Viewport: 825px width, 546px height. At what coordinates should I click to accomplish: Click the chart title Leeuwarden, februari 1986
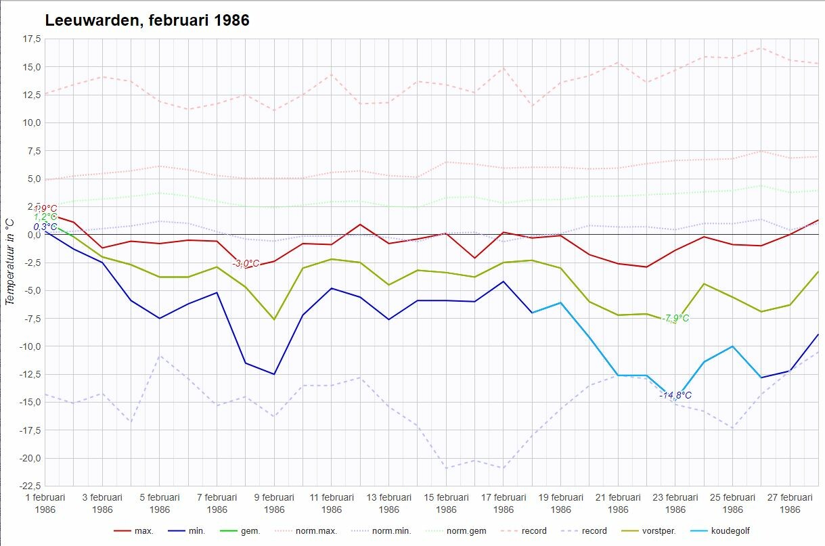click(x=147, y=20)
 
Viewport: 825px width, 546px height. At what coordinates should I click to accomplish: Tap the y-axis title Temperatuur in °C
click(x=9, y=262)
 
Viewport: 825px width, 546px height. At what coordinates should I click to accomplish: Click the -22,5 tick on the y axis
click(x=30, y=486)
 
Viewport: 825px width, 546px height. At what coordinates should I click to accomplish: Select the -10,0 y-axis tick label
click(x=30, y=346)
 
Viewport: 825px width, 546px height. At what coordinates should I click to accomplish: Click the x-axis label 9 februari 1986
click(x=274, y=503)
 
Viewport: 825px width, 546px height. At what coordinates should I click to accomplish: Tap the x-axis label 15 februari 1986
click(x=446, y=503)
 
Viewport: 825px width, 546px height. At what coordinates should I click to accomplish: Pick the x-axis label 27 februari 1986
click(x=790, y=503)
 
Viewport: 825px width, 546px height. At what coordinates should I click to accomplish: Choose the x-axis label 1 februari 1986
click(x=45, y=503)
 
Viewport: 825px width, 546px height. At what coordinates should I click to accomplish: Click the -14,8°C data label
click(x=675, y=395)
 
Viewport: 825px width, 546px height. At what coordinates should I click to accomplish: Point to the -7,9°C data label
click(x=675, y=318)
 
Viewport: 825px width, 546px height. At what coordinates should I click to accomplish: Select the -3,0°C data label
click(x=246, y=263)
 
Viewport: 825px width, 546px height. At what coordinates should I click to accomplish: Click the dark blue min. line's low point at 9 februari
click(x=274, y=374)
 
